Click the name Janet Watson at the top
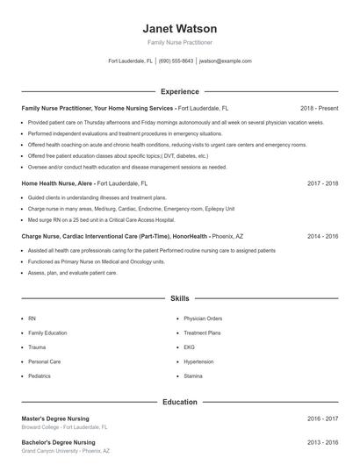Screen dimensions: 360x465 tap(179, 28)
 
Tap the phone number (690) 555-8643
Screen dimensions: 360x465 tap(176, 61)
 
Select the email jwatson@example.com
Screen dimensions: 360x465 tap(226, 61)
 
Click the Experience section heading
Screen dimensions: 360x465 tap(179, 91)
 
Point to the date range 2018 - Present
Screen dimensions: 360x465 tap(319, 108)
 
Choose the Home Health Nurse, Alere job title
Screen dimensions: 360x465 tap(58, 182)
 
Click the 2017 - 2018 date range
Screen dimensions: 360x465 tap(322, 182)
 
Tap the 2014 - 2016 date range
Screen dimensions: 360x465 tap(322, 236)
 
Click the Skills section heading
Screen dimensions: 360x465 tap(179, 299)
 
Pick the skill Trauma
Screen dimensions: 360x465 tap(37, 347)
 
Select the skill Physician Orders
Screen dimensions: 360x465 tap(203, 318)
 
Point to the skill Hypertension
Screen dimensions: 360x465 tap(198, 361)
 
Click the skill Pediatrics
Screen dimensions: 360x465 tap(40, 376)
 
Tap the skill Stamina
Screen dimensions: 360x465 tap(193, 376)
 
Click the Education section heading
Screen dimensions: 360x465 tap(179, 402)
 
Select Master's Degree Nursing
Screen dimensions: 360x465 tap(55, 418)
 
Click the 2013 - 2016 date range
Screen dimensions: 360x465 tap(322, 442)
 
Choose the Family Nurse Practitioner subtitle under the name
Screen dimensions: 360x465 tap(179, 42)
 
